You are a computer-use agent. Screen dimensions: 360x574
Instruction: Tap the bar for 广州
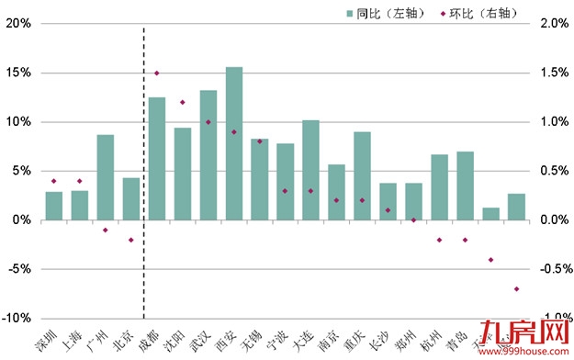tap(106, 177)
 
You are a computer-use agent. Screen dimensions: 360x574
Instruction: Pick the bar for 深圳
tap(54, 206)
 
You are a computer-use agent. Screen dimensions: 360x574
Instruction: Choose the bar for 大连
tap(310, 170)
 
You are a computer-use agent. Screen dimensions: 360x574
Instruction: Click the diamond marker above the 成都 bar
tap(157, 73)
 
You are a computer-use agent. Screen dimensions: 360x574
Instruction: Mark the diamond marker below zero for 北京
tap(131, 240)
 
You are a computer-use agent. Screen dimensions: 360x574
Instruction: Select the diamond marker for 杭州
tap(439, 240)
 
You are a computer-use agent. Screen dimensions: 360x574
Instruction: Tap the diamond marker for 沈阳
tap(183, 102)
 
